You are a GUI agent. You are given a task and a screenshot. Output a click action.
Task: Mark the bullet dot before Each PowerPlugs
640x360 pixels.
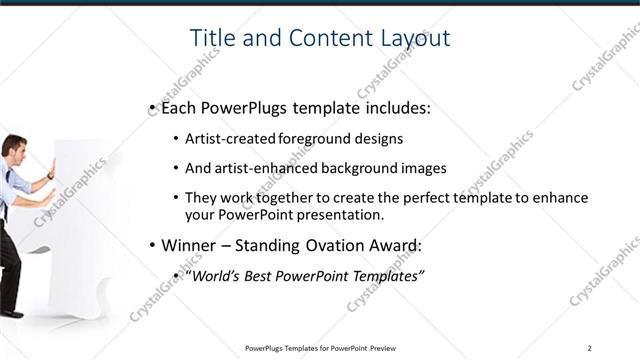151,106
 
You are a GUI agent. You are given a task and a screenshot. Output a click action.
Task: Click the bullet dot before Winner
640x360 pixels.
151,245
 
